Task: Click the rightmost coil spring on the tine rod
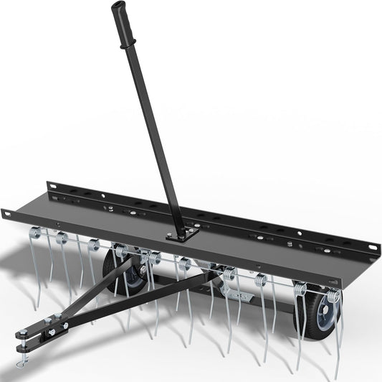[332, 297]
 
